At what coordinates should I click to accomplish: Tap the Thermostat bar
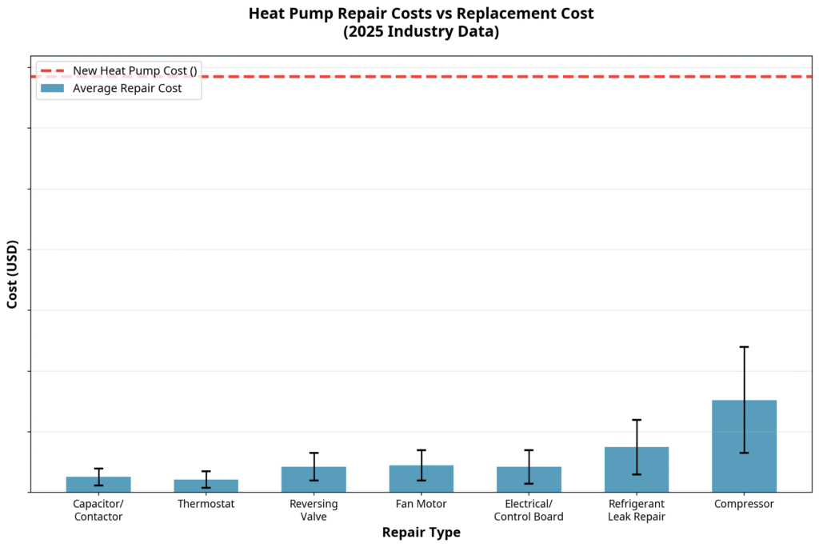click(x=206, y=485)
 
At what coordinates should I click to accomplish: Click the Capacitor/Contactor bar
click(x=98, y=484)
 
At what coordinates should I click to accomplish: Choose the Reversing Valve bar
click(x=314, y=479)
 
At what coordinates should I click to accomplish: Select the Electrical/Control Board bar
click(x=529, y=479)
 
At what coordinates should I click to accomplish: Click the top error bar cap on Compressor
click(x=744, y=347)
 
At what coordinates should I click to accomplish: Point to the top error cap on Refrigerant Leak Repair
click(x=637, y=420)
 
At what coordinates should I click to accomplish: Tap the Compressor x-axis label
click(x=744, y=505)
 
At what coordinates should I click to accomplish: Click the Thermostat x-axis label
click(x=206, y=505)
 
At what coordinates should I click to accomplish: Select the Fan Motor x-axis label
click(x=421, y=505)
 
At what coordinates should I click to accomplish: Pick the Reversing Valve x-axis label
click(x=314, y=510)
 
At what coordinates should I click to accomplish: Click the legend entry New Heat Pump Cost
click(x=134, y=70)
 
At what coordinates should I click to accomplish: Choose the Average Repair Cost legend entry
click(x=127, y=89)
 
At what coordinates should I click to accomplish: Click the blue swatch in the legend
click(x=51, y=89)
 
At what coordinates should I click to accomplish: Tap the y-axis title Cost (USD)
click(x=13, y=273)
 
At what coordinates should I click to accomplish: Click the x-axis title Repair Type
click(x=421, y=533)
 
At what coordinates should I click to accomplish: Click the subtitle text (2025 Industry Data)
click(x=421, y=31)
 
